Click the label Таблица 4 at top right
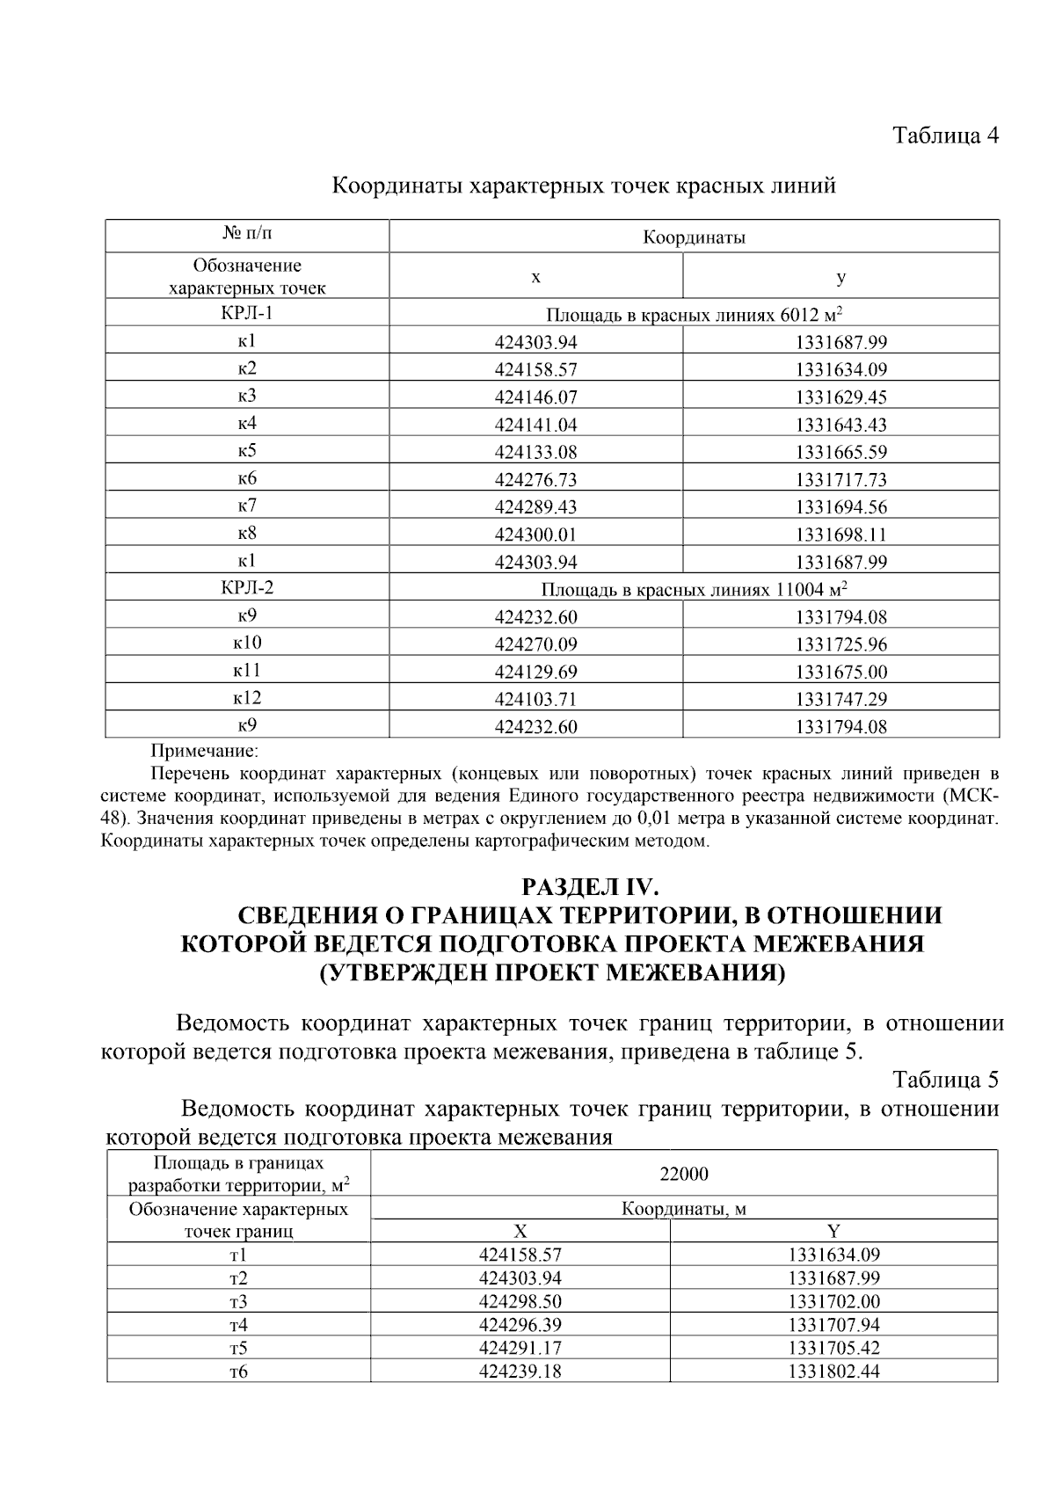tap(946, 135)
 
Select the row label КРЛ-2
tap(247, 587)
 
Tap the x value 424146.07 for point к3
tap(535, 397)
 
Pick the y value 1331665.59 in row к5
tap(840, 453)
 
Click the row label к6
tap(247, 479)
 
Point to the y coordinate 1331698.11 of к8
tap(840, 535)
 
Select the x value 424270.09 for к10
tap(535, 644)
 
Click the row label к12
tap(247, 698)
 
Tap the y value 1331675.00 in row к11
tap(840, 673)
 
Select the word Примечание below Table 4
tap(204, 752)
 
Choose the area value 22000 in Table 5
tap(683, 1175)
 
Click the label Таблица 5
tap(946, 1080)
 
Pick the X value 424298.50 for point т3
tap(520, 1302)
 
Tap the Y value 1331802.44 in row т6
tap(833, 1372)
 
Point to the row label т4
tap(238, 1325)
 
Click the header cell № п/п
tap(247, 234)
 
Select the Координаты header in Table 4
tap(694, 237)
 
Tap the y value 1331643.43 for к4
tap(840, 426)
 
